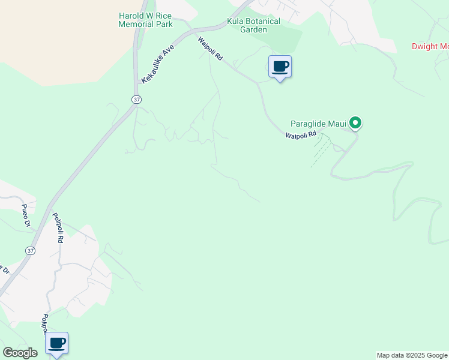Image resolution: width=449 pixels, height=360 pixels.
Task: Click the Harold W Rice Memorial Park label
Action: tap(145, 20)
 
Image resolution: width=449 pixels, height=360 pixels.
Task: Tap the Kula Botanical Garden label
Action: tap(253, 25)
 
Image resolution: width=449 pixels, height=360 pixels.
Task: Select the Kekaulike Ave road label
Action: tap(157, 63)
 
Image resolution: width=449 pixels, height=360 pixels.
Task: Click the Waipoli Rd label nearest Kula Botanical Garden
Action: tap(211, 49)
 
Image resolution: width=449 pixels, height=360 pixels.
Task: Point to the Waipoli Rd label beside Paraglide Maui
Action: tap(300, 136)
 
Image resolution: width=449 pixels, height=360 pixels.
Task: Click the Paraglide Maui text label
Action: tap(319, 124)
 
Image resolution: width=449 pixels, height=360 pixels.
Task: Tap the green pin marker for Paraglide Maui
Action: tap(355, 124)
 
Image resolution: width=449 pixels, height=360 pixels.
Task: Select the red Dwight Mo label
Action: tap(430, 46)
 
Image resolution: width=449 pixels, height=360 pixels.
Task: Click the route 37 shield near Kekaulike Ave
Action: tap(137, 99)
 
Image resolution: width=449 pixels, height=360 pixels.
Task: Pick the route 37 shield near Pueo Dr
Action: tap(29, 250)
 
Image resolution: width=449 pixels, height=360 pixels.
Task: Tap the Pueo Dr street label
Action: tap(26, 215)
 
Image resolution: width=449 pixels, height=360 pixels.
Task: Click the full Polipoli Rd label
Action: tap(58, 227)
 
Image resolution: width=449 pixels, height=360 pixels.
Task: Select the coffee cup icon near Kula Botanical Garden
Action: tap(280, 66)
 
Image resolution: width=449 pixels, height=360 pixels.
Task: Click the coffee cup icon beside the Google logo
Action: tap(57, 343)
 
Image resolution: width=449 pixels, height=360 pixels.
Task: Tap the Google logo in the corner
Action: tap(20, 353)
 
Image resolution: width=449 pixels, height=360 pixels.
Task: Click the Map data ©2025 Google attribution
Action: tap(412, 355)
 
